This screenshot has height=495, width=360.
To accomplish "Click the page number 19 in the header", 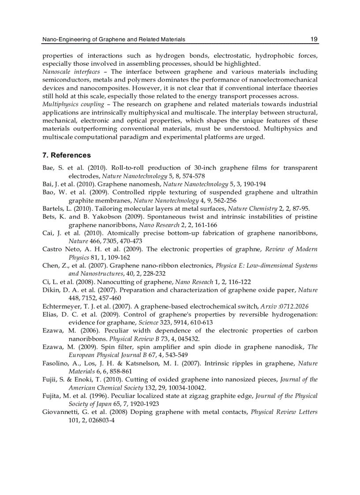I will [314, 39].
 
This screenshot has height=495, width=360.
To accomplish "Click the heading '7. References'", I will [67, 155].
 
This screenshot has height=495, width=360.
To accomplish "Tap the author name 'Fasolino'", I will [56, 364].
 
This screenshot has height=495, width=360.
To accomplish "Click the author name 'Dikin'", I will [51, 290].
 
